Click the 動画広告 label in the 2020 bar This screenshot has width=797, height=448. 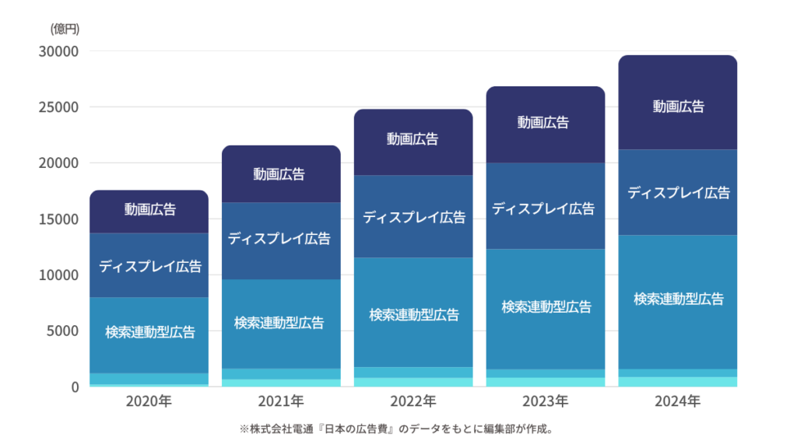(x=149, y=209)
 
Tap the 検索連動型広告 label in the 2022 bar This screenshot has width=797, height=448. (x=414, y=315)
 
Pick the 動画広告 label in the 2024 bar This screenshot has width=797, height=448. (x=678, y=107)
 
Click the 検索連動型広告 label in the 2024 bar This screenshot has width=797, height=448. (x=678, y=299)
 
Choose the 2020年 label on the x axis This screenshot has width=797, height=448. (x=149, y=402)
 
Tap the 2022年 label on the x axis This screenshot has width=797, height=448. (x=413, y=402)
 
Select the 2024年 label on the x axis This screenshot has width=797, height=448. (x=678, y=402)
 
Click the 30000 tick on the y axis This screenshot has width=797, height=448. (x=59, y=51)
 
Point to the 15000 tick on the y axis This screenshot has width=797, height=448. (x=59, y=219)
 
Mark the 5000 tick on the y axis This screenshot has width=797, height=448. (x=63, y=331)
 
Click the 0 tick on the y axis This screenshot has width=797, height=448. (x=75, y=387)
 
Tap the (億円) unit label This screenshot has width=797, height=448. (x=65, y=30)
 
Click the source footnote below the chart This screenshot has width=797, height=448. (x=395, y=429)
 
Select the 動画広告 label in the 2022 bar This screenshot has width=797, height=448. (x=413, y=139)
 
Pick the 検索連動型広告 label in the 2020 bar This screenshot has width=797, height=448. (x=150, y=333)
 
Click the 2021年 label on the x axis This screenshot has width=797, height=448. (x=281, y=402)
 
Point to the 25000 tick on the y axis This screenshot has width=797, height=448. (x=59, y=107)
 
